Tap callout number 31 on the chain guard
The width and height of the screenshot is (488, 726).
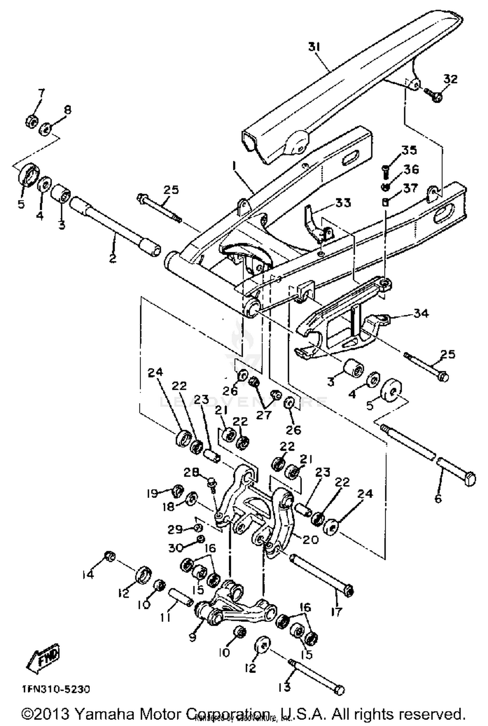314,47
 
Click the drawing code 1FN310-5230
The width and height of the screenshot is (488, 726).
56,689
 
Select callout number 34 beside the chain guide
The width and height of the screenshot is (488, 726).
421,313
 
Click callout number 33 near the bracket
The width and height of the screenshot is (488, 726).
343,203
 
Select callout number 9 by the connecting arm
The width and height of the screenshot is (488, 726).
193,637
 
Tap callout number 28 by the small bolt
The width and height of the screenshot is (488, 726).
191,472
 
